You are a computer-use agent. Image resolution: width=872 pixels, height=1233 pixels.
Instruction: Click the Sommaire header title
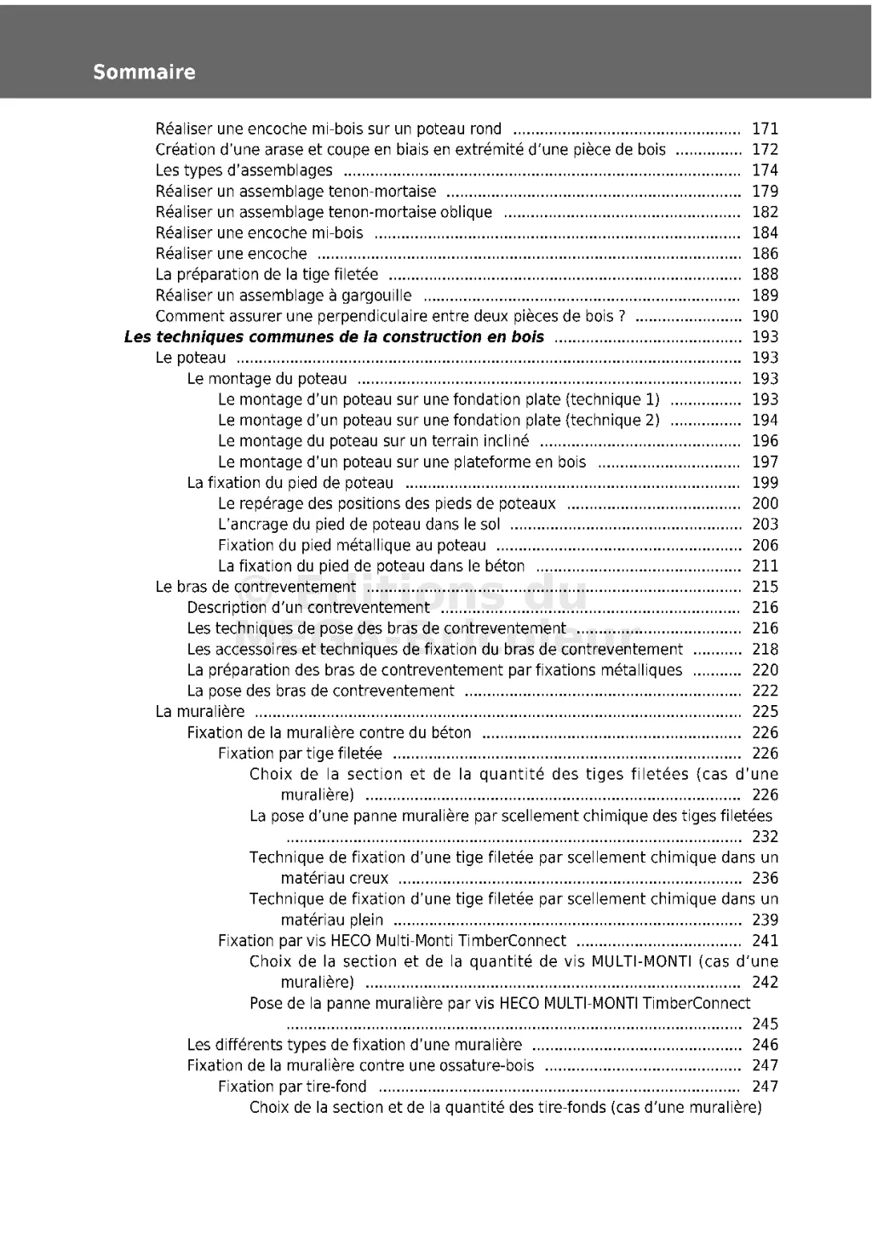pyautogui.click(x=144, y=72)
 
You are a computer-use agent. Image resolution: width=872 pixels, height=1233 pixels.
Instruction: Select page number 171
pyautogui.click(x=765, y=129)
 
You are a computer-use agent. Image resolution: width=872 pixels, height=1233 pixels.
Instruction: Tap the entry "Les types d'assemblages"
pyautogui.click(x=244, y=171)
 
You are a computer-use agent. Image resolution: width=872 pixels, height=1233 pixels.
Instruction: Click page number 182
pyautogui.click(x=765, y=213)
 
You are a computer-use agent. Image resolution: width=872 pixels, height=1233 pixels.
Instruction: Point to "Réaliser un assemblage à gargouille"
pyautogui.click(x=284, y=296)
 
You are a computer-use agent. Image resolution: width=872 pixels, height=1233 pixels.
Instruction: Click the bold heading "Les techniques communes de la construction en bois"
pyautogui.click(x=334, y=337)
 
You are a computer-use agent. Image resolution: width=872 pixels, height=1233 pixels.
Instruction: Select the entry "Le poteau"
pyautogui.click(x=191, y=358)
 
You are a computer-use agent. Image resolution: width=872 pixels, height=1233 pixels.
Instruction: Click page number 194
pyautogui.click(x=765, y=421)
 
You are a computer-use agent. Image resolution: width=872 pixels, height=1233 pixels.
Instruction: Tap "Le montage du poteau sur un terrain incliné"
pyautogui.click(x=373, y=441)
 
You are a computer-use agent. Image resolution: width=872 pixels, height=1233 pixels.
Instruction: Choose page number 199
pyautogui.click(x=765, y=483)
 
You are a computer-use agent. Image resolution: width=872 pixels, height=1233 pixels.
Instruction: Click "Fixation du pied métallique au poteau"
pyautogui.click(x=352, y=546)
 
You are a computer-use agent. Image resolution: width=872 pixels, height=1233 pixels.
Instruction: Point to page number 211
pyautogui.click(x=765, y=566)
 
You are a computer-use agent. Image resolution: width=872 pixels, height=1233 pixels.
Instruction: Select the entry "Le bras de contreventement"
pyautogui.click(x=255, y=588)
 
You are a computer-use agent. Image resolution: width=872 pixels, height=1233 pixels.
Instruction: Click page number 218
pyautogui.click(x=765, y=650)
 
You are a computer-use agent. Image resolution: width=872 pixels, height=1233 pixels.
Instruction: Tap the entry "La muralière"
pyautogui.click(x=200, y=712)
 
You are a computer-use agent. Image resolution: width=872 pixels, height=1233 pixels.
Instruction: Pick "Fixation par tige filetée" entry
pyautogui.click(x=300, y=754)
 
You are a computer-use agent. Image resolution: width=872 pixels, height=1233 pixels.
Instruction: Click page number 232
pyautogui.click(x=765, y=837)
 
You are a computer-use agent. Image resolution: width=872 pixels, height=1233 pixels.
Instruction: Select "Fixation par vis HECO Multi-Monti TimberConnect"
pyautogui.click(x=392, y=941)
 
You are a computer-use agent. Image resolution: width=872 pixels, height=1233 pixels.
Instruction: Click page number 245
pyautogui.click(x=765, y=1024)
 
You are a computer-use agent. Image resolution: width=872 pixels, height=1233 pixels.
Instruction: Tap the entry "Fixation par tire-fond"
pyautogui.click(x=292, y=1087)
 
